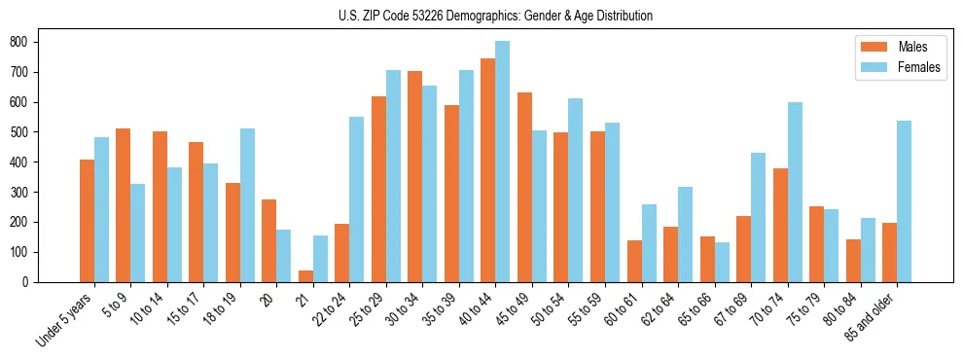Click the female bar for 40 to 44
point(502,162)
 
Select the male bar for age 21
point(305,276)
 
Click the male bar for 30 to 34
point(414,176)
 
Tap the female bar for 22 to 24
point(357,199)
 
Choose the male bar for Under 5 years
point(87,221)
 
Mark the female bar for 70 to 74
point(795,192)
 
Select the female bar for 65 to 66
point(722,262)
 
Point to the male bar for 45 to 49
point(524,187)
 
